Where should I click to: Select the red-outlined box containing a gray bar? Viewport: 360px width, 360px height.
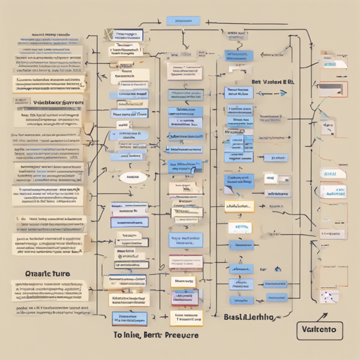pos(333,89)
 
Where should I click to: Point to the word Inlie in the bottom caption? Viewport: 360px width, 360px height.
pos(136,336)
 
